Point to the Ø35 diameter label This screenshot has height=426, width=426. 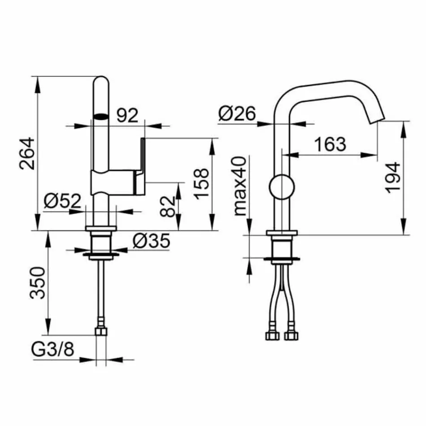coord(152,242)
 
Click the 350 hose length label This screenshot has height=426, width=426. coord(38,283)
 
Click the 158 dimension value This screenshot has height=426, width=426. coord(201,184)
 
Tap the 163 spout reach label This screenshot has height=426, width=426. coord(330,144)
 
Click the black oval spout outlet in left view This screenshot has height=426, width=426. coord(101,116)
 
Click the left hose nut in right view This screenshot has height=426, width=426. coord(272,336)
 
